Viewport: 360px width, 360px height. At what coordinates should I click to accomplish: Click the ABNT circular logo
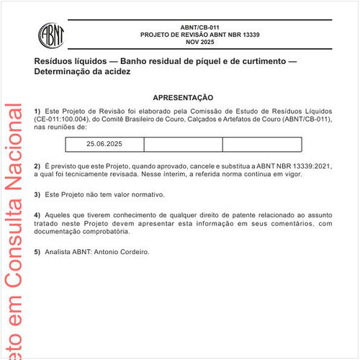pos(52,34)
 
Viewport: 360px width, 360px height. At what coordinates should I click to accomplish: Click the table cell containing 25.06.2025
pos(104,144)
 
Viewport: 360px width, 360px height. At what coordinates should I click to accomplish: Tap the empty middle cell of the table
pos(183,144)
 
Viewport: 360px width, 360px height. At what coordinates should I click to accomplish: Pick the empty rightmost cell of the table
pos(261,144)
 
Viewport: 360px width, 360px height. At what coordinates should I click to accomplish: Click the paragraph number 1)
pos(37,110)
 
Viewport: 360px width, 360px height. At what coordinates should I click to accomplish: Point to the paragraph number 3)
pos(37,194)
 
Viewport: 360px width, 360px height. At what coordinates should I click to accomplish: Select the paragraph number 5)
pos(37,253)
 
